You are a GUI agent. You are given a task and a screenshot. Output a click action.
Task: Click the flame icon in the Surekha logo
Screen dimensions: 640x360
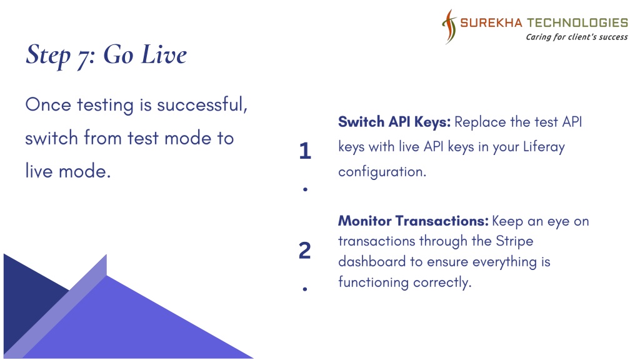[449, 26]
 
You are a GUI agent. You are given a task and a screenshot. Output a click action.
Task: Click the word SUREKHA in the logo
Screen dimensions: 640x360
[491, 22]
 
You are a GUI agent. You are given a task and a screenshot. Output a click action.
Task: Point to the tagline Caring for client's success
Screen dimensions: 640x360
[577, 37]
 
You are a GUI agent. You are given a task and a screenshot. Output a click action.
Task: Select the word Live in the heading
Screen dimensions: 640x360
[164, 54]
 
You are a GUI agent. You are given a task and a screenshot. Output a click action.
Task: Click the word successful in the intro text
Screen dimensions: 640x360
[202, 104]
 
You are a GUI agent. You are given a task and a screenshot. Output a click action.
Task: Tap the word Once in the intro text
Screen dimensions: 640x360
[48, 104]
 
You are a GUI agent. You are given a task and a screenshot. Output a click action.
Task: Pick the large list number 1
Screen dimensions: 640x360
[305, 151]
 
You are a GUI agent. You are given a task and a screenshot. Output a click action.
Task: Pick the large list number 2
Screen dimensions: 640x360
[305, 250]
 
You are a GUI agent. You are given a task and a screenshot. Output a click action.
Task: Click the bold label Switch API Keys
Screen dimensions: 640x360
[394, 122]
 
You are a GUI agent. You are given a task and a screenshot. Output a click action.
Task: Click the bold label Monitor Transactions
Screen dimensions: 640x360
[413, 221]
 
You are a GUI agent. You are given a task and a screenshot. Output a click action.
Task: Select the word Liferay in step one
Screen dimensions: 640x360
[544, 147]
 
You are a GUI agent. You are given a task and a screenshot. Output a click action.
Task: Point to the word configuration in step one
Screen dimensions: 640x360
[382, 172]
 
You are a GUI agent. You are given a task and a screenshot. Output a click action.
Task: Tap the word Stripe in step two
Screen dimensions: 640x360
[514, 241]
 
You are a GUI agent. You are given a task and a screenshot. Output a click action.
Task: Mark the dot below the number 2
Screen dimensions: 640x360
[305, 289]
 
